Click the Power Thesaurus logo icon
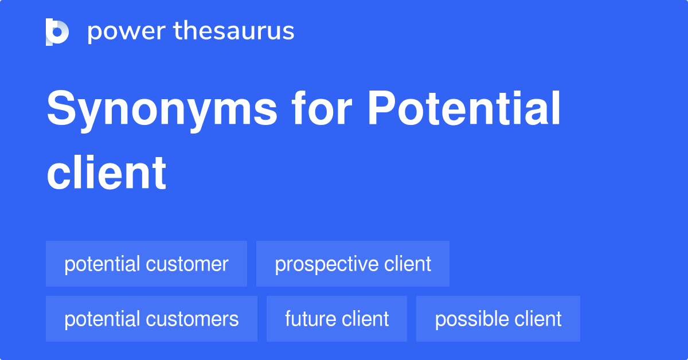[x=57, y=32]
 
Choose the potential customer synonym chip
[x=146, y=264]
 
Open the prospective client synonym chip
[x=353, y=264]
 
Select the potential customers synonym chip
[x=151, y=319]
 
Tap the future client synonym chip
[x=337, y=319]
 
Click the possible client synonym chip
[x=498, y=319]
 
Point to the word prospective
[x=325, y=265]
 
